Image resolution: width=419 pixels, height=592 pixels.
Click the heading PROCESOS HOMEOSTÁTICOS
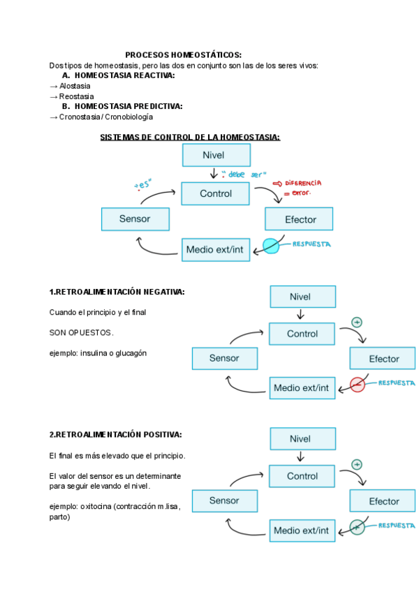point(184,55)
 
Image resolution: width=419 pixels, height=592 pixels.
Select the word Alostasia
point(75,86)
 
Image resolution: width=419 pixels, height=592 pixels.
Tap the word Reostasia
point(76,96)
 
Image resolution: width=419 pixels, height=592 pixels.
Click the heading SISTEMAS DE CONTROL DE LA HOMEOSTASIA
point(190,137)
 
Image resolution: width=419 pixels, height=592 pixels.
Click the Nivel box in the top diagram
point(216,155)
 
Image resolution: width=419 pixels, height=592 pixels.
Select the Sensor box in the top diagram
point(135,219)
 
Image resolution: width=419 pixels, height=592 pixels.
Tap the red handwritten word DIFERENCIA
point(301,183)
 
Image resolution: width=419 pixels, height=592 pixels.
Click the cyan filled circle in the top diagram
point(270,246)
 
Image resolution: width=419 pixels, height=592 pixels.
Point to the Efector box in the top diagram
point(300,220)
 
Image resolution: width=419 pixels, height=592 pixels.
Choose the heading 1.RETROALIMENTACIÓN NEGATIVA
point(117,292)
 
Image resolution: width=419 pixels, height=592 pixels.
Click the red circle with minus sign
point(358,384)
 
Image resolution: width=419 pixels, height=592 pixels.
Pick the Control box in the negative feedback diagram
point(302,334)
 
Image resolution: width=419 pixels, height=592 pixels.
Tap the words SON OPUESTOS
point(81,332)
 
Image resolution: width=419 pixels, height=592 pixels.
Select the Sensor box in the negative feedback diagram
point(224,359)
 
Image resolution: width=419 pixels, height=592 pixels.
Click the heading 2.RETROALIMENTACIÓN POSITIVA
point(115,434)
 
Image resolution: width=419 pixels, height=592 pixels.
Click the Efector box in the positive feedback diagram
point(383,501)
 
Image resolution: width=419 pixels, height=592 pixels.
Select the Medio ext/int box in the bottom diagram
point(302,531)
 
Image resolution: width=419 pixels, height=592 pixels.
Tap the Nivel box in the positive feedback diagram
point(302,439)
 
